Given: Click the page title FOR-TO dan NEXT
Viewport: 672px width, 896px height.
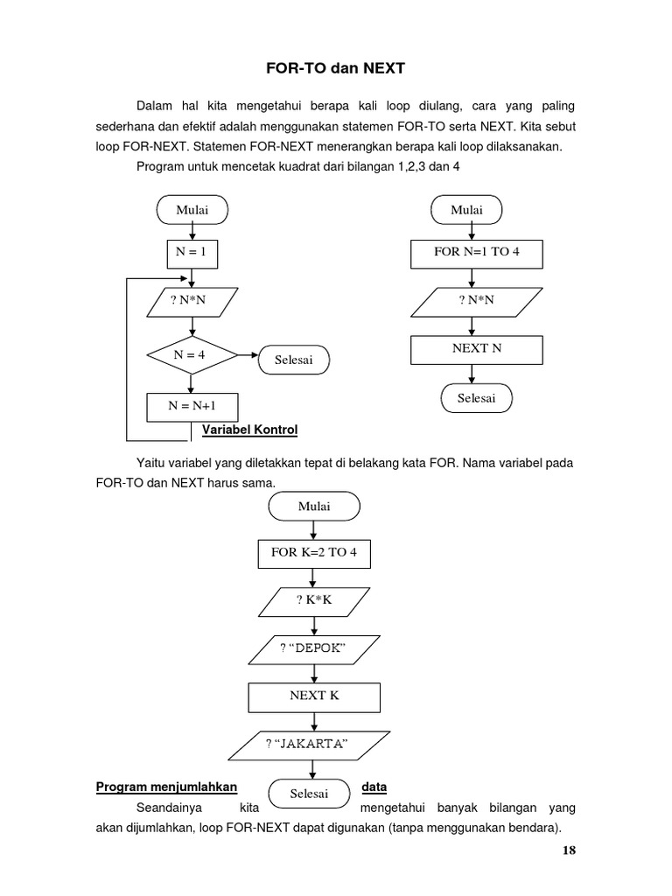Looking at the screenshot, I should coord(336,67).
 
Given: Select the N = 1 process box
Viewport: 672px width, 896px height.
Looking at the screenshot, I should coord(192,254).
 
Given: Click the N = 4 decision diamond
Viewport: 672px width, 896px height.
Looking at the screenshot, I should coord(192,355).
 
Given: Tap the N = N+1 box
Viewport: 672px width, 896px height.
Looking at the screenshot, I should coord(192,406).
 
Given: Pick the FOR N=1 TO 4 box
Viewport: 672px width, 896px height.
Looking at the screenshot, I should coord(477,254).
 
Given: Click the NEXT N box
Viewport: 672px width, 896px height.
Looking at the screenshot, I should coord(477,348).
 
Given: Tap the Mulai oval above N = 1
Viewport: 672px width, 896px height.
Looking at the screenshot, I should coord(192,210).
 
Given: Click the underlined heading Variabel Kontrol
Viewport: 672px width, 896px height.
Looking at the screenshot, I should coord(250,430).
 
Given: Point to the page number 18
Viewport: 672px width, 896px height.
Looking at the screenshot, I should coord(569,850).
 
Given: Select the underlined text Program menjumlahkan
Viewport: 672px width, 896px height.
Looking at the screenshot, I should coord(167,787).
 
